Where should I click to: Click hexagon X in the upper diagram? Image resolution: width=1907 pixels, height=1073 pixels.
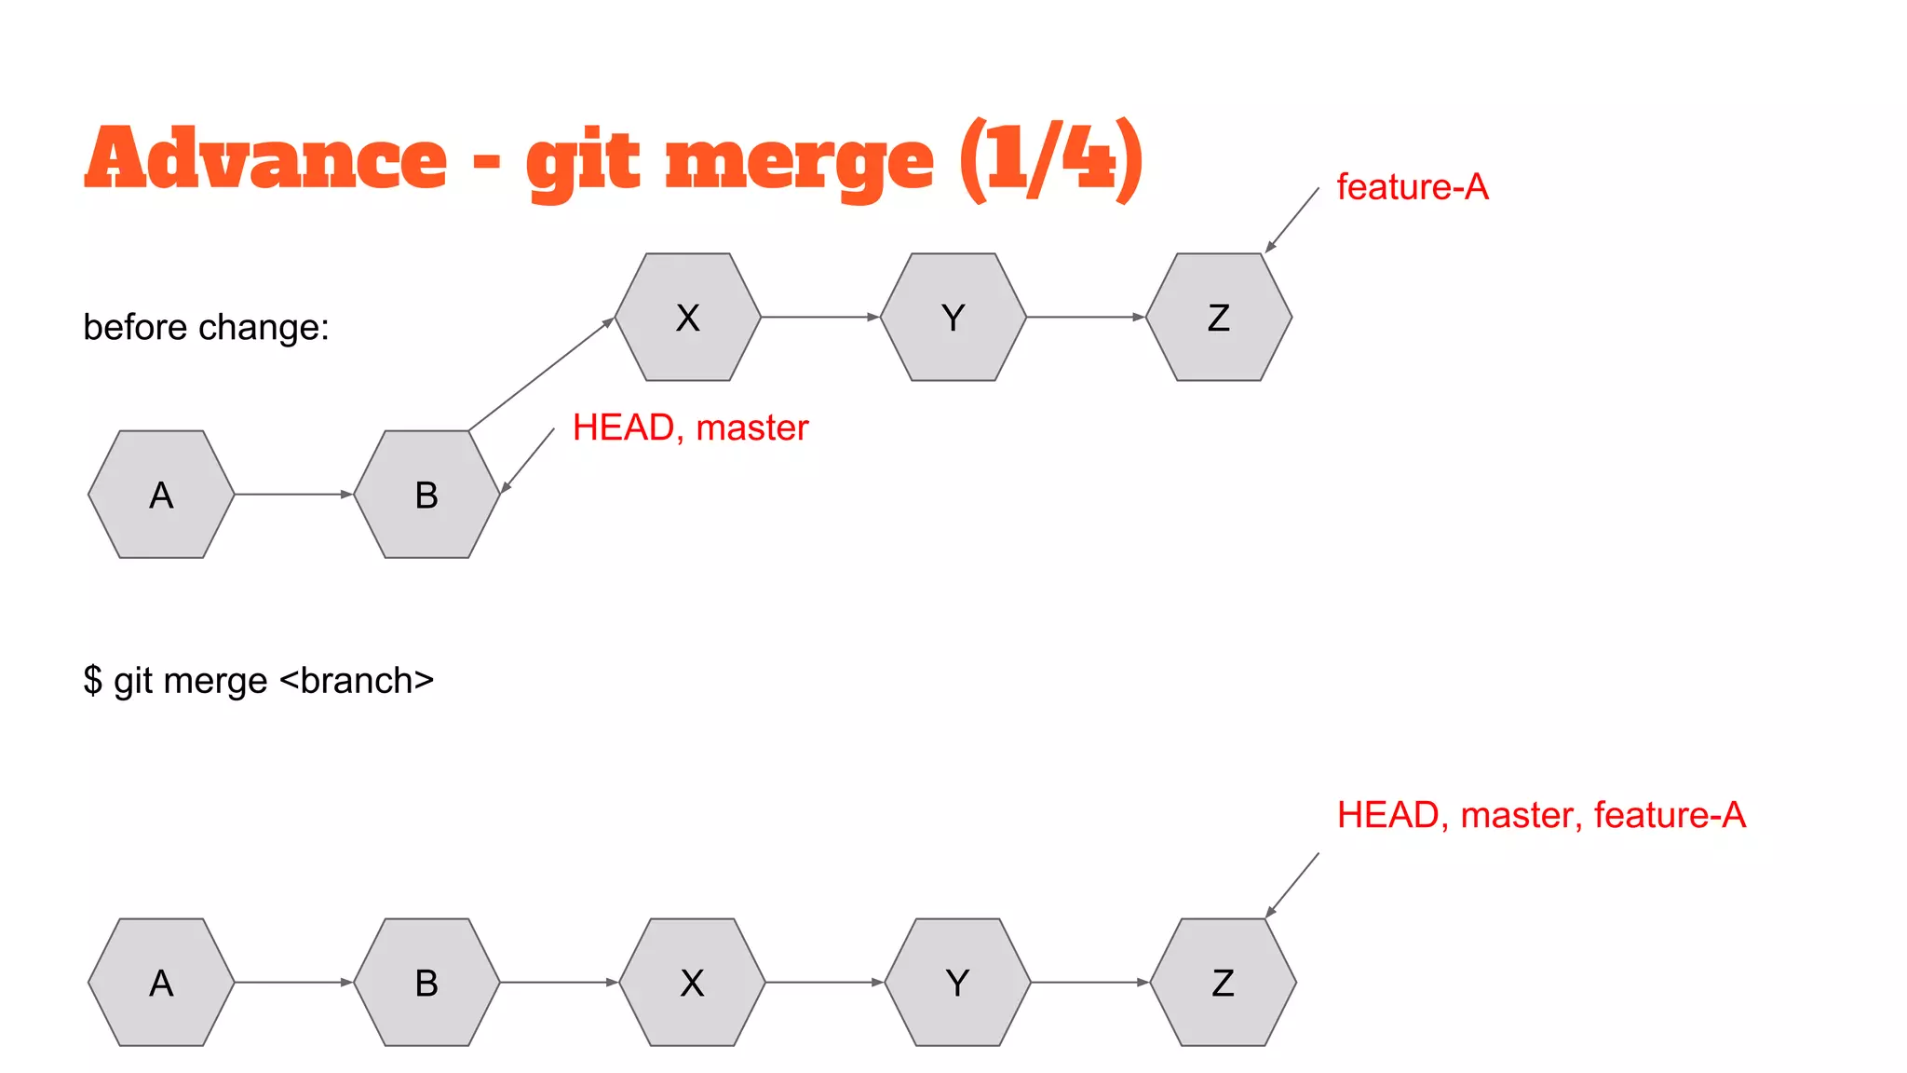click(687, 317)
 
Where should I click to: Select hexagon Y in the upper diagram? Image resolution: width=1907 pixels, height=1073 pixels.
click(953, 317)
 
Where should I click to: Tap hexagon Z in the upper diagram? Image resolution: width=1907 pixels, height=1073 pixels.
click(1218, 317)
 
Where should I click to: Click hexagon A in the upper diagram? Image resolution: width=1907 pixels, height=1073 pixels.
click(161, 495)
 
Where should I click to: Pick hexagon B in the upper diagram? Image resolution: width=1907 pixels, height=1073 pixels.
click(426, 495)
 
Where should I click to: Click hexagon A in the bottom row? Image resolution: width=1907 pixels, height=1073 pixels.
click(161, 983)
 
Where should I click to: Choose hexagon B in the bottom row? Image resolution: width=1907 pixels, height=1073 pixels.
click(426, 983)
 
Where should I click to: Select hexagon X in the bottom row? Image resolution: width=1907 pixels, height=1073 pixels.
click(692, 983)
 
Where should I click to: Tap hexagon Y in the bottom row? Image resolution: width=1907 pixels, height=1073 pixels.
click(957, 983)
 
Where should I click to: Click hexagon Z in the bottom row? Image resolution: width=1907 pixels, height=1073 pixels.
click(1223, 983)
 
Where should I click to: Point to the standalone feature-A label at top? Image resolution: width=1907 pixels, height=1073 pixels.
click(1412, 187)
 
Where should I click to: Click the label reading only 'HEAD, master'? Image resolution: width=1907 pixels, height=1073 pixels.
click(690, 428)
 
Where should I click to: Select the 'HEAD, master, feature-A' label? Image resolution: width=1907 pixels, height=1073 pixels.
click(1541, 815)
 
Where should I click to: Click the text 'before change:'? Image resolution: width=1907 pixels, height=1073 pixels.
click(206, 327)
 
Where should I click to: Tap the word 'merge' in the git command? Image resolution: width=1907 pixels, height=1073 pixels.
click(216, 681)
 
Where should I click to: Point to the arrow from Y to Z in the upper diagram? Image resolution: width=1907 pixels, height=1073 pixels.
click(1085, 317)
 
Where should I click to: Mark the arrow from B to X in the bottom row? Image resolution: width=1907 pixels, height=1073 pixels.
click(559, 982)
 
